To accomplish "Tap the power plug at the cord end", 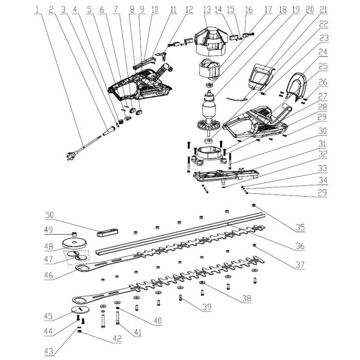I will tap(70, 157).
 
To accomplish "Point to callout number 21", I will tap(324, 10).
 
